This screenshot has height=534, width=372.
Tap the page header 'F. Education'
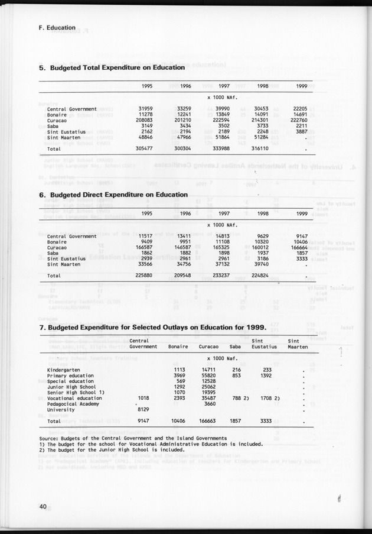[53, 27]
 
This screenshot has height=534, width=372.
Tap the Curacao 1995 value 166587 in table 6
[145, 247]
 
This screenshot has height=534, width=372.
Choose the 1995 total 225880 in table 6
[145, 276]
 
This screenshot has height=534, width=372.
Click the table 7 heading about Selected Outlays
[152, 327]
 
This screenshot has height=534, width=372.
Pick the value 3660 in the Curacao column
[210, 403]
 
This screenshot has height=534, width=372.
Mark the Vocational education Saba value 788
[236, 398]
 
